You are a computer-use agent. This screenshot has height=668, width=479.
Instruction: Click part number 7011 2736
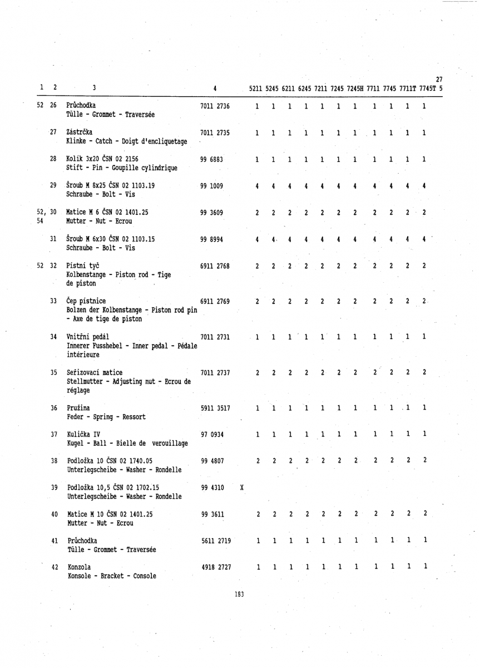215,106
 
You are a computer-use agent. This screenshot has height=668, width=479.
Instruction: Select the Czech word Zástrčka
81,131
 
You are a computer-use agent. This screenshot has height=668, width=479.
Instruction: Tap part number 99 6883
211,159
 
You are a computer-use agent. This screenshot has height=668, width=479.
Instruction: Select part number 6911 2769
215,302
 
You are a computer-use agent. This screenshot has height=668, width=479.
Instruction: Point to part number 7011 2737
215,372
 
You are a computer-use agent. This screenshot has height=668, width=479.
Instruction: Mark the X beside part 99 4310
240,488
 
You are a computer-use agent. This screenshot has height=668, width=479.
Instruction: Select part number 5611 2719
215,541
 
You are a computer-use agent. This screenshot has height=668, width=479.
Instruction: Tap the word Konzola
78,567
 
